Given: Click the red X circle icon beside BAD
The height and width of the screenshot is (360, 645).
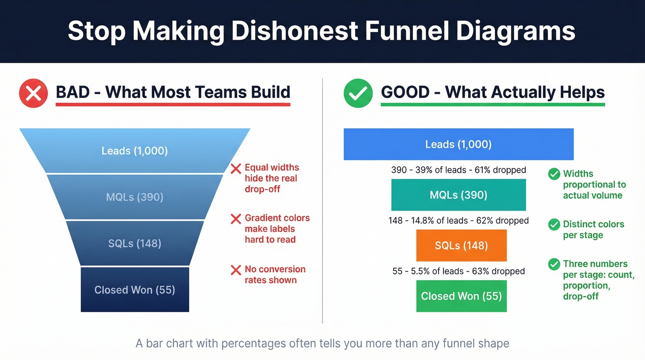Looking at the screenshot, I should coord(33,93).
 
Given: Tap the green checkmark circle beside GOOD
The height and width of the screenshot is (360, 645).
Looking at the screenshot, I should coord(358,93).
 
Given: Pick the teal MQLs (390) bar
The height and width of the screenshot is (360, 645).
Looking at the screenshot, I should coord(458,195).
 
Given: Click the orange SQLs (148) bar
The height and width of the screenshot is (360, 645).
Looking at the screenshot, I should coord(461,246).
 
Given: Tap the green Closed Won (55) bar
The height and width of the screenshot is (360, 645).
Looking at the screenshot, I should coord(461,296).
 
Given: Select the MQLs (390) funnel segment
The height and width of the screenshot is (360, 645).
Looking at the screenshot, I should coord(135,197).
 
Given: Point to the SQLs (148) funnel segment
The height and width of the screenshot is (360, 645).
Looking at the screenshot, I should coord(135,243).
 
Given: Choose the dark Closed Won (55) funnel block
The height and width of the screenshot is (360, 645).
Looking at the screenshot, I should coord(135,290).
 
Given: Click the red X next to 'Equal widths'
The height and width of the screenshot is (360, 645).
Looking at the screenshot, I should coord(236,169).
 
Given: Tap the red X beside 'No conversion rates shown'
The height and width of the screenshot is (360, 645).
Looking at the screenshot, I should coord(236,270).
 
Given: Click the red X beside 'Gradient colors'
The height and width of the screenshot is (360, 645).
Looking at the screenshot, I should coord(236,219).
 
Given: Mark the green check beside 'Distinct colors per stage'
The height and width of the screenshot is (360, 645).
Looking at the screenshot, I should coord(554,225).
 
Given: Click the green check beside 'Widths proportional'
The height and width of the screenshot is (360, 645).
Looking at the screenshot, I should coord(554,174).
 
